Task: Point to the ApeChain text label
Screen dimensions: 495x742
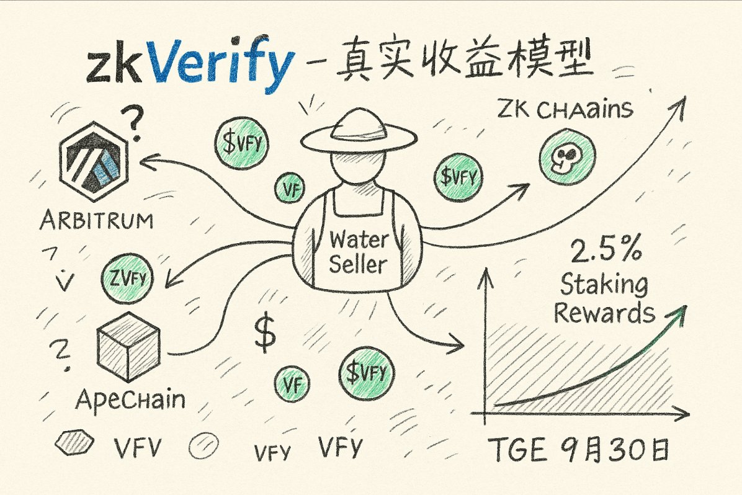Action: pos(130,399)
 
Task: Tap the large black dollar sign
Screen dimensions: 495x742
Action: pos(266,336)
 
